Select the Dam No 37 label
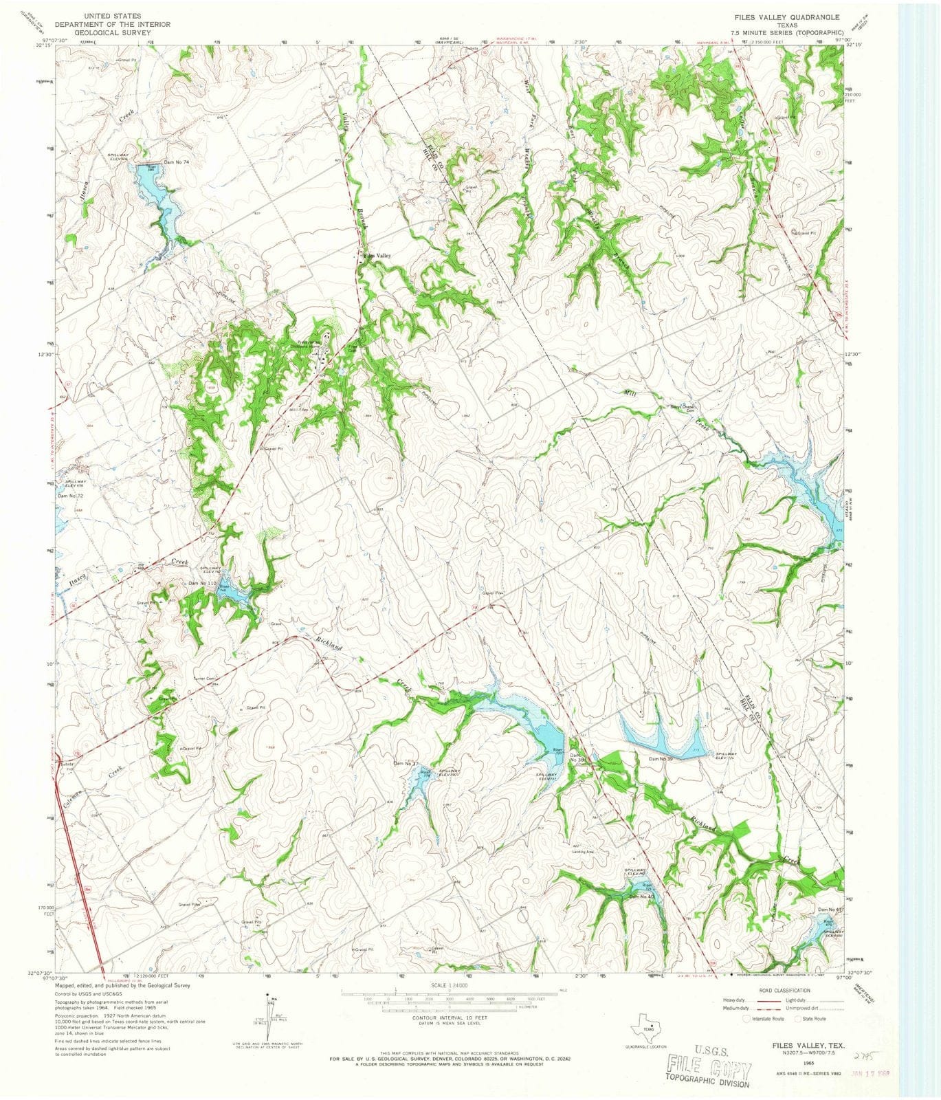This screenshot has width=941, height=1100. (x=406, y=763)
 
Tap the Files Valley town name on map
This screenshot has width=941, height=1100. (x=377, y=256)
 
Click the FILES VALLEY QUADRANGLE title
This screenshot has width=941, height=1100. (x=787, y=16)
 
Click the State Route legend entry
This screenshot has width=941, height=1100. (x=812, y=1019)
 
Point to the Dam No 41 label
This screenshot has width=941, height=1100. (x=831, y=910)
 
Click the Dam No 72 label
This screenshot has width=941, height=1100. (x=70, y=496)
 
